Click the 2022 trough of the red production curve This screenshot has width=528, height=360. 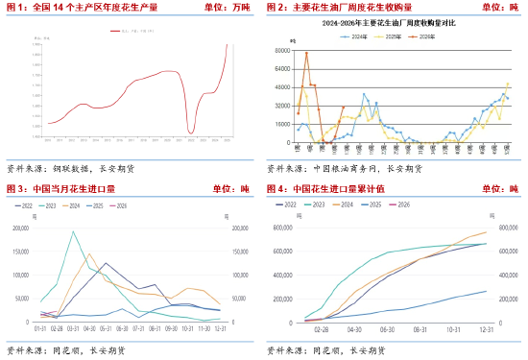(191, 132)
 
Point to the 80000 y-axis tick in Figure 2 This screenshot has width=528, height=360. (285, 51)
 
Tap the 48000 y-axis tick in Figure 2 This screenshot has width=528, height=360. (285, 87)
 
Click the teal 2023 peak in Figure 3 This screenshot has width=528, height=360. (73, 231)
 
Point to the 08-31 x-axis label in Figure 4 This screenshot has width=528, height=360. (419, 328)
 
